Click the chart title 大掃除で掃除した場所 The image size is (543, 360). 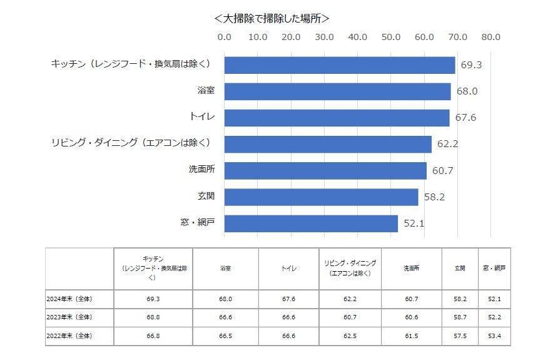click(x=271, y=18)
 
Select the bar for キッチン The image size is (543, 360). click(x=339, y=65)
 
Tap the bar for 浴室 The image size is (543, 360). click(x=337, y=91)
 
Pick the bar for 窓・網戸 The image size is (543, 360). click(x=311, y=224)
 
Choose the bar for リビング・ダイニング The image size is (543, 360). click(x=328, y=144)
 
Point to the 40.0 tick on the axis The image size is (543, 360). click(x=357, y=37)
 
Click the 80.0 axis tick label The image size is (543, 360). click(x=490, y=37)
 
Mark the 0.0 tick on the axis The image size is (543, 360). click(x=224, y=37)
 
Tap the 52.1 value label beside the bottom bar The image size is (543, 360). click(x=414, y=224)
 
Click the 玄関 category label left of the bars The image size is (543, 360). click(x=206, y=197)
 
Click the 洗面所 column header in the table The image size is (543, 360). click(x=411, y=268)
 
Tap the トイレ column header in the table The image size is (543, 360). click(x=288, y=268)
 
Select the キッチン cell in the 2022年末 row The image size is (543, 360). click(x=153, y=336)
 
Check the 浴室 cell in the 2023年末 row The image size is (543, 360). click(x=225, y=317)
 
